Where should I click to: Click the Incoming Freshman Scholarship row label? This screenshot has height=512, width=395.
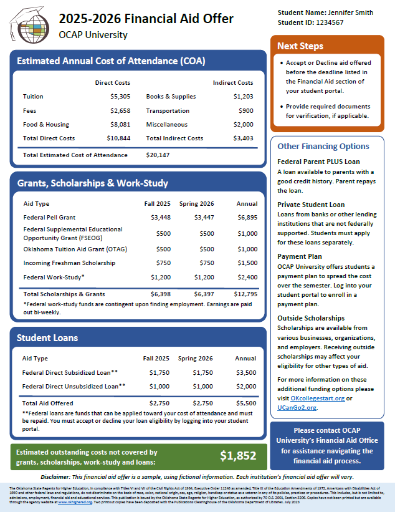click(69, 263)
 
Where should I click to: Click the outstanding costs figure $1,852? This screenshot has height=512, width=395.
click(239, 456)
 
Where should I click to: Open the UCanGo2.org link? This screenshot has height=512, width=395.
click(297, 407)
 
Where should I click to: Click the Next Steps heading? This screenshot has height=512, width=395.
click(300, 46)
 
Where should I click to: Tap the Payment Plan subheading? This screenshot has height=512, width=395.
click(300, 256)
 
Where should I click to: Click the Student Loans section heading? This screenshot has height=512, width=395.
click(47, 338)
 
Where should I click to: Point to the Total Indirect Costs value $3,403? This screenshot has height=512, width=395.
click(243, 138)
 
